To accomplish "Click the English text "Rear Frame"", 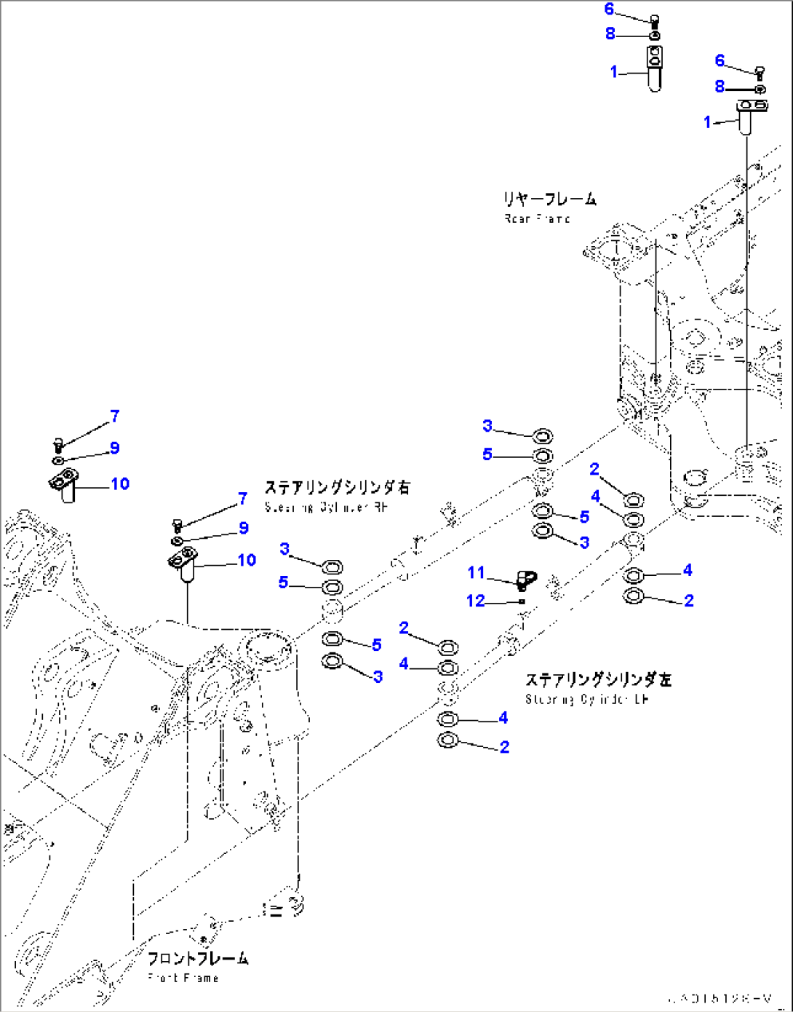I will (x=537, y=218).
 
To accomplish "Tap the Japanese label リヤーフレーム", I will (x=549, y=199).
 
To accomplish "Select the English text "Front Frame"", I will (x=183, y=978).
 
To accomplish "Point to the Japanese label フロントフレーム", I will (x=197, y=958).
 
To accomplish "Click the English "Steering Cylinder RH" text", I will (x=326, y=507).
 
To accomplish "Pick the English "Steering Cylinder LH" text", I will (x=586, y=699).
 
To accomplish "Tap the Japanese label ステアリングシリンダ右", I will (x=337, y=487).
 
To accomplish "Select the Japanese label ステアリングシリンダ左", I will (x=598, y=679).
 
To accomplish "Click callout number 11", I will (x=476, y=572).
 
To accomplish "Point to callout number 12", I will (x=475, y=601).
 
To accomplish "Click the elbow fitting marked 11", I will (x=525, y=580).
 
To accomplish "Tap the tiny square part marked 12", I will (x=522, y=601).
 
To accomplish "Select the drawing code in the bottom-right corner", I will (x=723, y=998).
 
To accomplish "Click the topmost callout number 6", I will (x=609, y=9).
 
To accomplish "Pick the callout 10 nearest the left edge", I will (x=120, y=483).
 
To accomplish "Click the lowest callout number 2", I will (x=504, y=747).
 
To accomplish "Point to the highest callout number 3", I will (x=487, y=426).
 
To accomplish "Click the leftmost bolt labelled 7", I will (x=59, y=443).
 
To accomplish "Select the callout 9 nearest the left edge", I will (x=114, y=448).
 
